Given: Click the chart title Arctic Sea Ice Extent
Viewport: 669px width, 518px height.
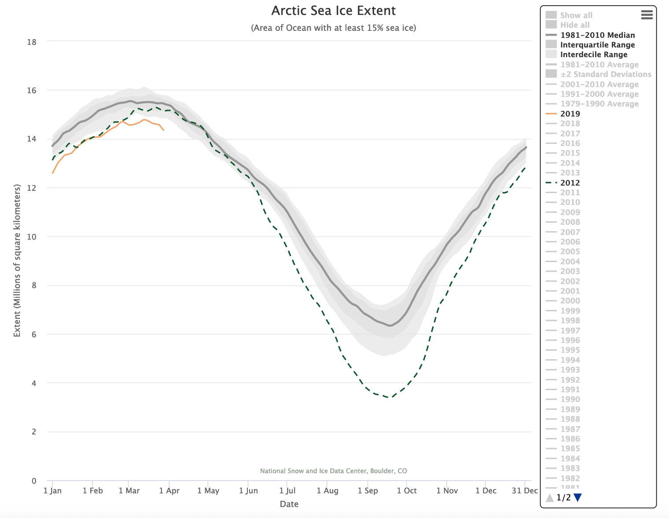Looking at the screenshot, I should point(333,11).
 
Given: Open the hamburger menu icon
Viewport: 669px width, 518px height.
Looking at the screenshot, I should point(647,15).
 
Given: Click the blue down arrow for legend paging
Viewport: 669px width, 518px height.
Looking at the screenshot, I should point(578,498).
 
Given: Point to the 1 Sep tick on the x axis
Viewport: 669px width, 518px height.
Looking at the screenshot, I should point(368,491).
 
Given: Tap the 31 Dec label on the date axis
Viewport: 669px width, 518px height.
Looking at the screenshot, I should point(524,491).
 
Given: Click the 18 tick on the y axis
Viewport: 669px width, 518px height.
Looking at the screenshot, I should point(31,42).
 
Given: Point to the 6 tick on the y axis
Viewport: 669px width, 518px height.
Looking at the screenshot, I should point(33,335).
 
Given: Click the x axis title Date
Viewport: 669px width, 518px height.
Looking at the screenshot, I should point(289,504).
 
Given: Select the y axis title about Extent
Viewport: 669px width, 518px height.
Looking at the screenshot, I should point(17,261).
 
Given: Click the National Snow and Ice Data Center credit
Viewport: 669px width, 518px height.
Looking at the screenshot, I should point(333,471).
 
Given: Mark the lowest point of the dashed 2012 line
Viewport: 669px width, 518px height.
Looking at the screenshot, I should point(388,398).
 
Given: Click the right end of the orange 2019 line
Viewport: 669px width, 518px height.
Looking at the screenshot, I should point(164,130).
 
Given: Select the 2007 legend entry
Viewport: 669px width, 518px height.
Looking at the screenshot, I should point(570,232).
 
